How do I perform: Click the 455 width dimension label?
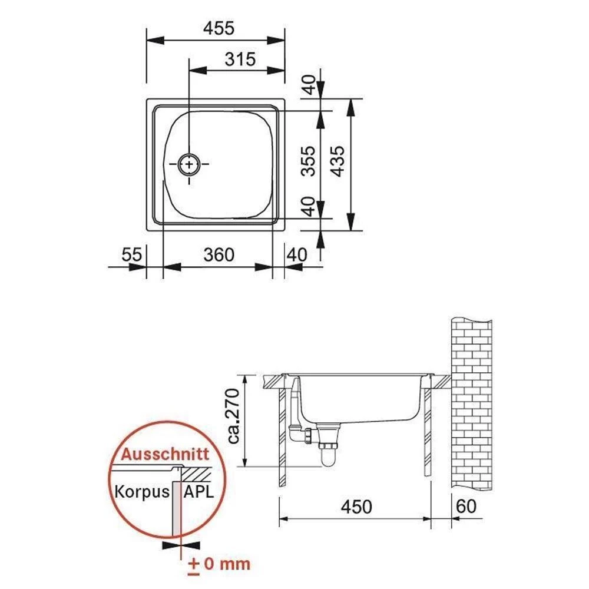[219, 28]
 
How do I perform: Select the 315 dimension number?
[240, 59]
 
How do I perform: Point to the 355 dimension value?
[309, 161]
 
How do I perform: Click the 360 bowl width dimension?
[219, 254]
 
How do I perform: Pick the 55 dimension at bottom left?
[132, 254]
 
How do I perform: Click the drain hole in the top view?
[189, 164]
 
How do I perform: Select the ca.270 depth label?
[234, 416]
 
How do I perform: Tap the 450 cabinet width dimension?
[356, 507]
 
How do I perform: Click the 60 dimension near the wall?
[466, 507]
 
